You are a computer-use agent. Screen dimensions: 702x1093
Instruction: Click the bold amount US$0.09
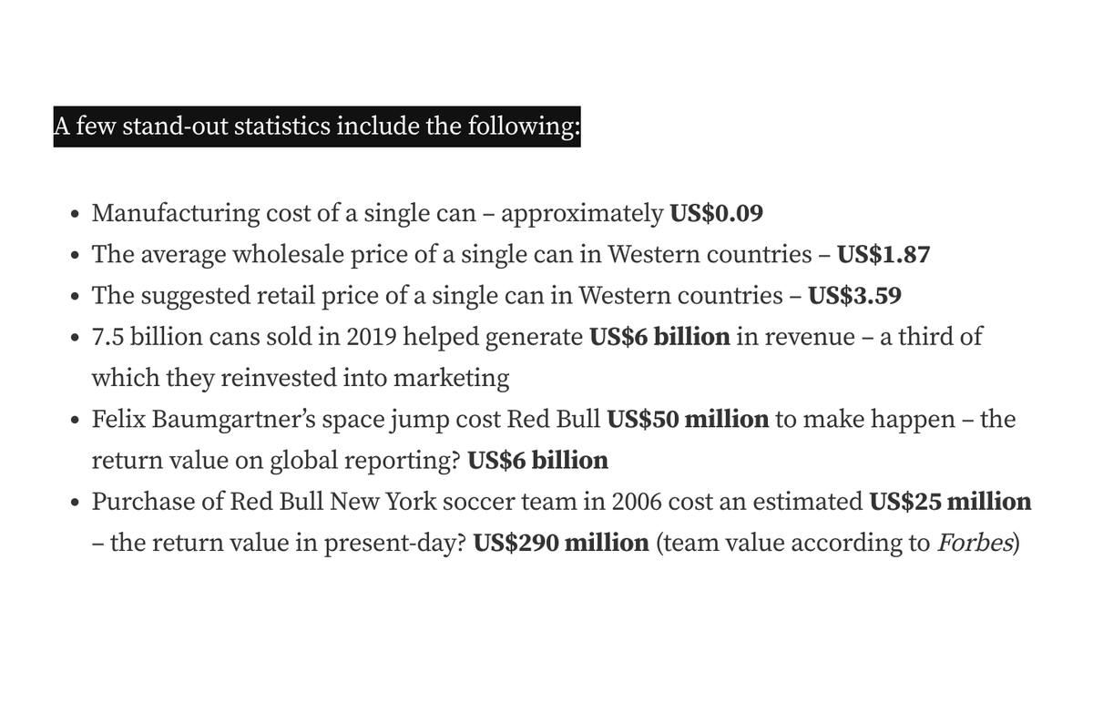point(716,214)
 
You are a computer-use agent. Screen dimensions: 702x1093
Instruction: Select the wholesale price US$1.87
point(884,255)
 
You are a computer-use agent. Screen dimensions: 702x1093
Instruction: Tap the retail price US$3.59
point(855,296)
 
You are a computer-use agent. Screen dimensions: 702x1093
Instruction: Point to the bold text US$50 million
point(688,420)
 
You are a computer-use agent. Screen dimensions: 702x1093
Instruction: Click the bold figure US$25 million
point(950,502)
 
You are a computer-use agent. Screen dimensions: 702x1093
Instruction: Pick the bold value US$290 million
point(561,543)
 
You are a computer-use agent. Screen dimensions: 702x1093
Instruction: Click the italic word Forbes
point(974,543)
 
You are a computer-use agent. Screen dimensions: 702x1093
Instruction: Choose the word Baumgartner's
point(240,420)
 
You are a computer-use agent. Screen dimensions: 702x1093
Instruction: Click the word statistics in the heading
point(281,127)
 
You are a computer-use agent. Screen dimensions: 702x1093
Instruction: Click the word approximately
point(582,214)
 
